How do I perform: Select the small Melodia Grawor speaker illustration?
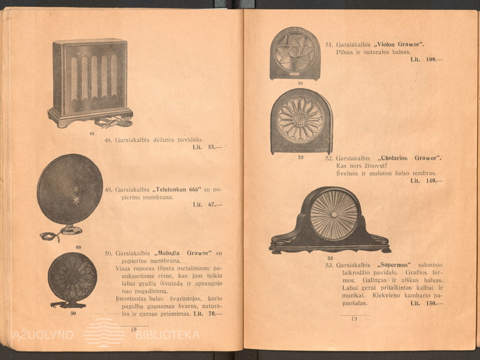73,279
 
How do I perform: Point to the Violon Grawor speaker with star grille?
295,53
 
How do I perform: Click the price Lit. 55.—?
207,147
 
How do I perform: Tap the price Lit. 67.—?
207,205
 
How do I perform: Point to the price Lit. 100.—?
427,59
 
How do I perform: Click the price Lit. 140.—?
427,181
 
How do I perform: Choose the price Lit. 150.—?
427,303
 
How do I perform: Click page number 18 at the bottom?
134,329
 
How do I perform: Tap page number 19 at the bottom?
355,319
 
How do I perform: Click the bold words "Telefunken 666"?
177,189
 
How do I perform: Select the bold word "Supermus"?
394,265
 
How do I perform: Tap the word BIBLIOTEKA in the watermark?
167,335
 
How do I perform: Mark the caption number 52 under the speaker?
301,158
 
